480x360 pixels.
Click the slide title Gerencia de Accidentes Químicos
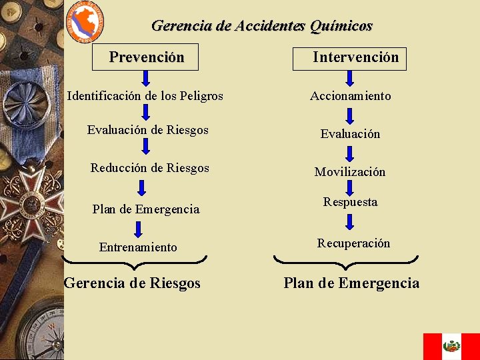click(x=261, y=26)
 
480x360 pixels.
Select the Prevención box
click(x=146, y=57)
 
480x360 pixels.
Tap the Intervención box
click(x=350, y=58)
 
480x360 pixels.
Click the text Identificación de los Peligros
click(x=145, y=96)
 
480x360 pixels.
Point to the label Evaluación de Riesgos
click(x=147, y=130)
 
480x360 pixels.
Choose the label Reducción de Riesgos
click(x=149, y=168)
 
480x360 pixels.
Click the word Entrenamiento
click(x=138, y=247)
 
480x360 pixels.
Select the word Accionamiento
click(x=350, y=96)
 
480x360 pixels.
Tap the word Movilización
click(x=350, y=172)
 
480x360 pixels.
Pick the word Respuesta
click(x=350, y=202)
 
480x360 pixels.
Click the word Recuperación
click(x=353, y=243)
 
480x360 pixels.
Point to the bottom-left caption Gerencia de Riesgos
click(x=132, y=283)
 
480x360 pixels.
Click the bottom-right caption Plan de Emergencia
click(x=351, y=283)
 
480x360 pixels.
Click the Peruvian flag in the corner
click(x=451, y=346)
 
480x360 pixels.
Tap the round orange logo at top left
click(x=85, y=22)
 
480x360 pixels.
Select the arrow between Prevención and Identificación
click(x=145, y=79)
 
